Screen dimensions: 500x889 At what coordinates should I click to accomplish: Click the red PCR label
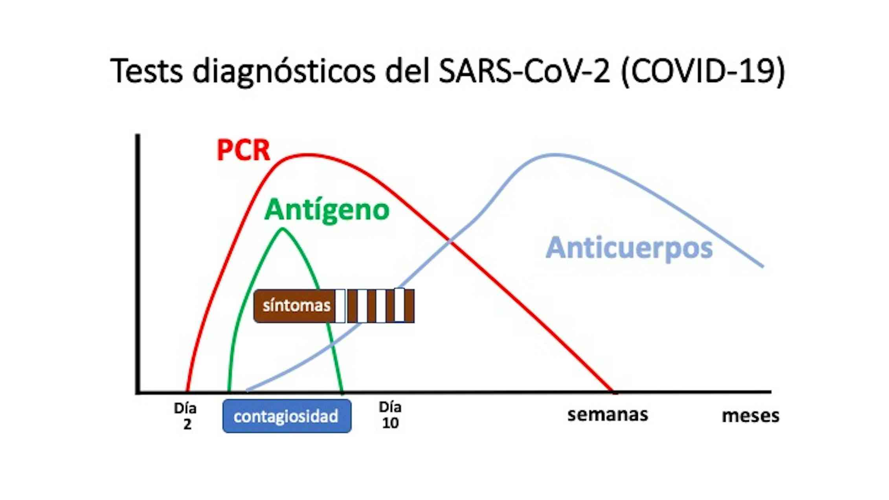click(x=243, y=150)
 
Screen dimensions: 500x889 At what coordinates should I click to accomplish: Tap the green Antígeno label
click(x=327, y=210)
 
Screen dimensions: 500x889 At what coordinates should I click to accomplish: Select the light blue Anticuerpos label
click(x=629, y=248)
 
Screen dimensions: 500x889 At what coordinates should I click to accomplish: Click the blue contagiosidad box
click(x=287, y=416)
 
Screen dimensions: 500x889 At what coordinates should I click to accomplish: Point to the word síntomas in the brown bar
click(x=296, y=305)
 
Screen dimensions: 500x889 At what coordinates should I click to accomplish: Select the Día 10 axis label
click(x=390, y=415)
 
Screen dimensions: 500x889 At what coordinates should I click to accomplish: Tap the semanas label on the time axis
click(x=608, y=415)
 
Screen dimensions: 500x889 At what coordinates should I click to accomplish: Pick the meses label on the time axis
click(x=750, y=415)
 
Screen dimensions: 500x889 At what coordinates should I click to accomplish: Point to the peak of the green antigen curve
click(x=283, y=229)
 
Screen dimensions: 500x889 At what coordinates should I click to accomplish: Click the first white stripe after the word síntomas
click(x=340, y=306)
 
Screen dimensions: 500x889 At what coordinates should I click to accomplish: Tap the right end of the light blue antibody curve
click(x=762, y=267)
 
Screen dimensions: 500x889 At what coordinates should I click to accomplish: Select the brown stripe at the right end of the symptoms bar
click(x=409, y=306)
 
